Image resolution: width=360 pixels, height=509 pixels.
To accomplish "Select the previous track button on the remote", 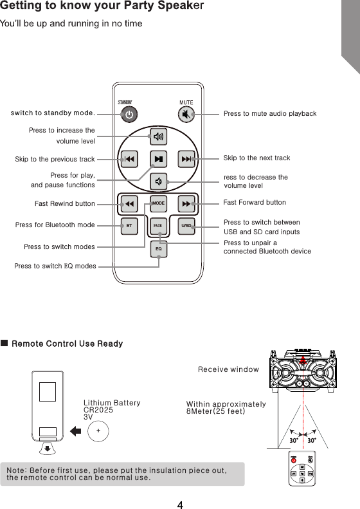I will coord(129,158).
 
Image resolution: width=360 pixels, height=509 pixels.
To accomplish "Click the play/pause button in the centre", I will coord(158,158).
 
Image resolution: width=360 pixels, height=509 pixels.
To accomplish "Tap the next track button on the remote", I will coord(186,158).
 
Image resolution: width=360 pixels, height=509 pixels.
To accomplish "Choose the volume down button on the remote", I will coord(158,181).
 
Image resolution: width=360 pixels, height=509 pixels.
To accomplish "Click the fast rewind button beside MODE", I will coord(129,204).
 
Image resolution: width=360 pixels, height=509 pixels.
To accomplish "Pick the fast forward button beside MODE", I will coord(186,204).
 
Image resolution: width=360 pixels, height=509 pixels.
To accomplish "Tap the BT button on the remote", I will coord(129,226).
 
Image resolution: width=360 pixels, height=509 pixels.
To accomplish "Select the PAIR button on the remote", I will coord(158,226).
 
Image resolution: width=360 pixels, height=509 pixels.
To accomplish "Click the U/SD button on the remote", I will coord(186,226).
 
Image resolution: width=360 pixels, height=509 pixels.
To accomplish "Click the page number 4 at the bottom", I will coord(181,501).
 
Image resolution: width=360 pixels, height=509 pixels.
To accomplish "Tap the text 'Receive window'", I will coord(219,369).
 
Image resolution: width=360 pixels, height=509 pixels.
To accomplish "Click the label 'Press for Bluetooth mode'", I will coord(55,225).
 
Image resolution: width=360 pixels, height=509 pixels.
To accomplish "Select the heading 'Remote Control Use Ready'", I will coord(67,344).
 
